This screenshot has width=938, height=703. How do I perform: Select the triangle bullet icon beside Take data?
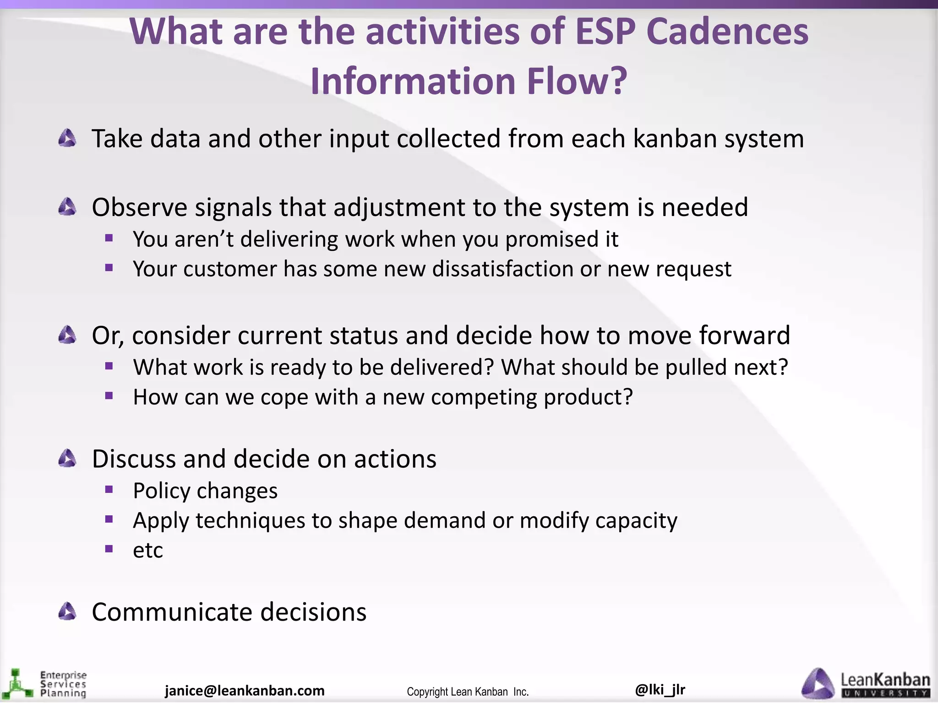(x=67, y=138)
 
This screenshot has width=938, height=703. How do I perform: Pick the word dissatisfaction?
(x=502, y=269)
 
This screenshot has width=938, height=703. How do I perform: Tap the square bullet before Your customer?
(x=109, y=268)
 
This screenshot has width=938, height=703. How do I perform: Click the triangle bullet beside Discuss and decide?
(x=67, y=458)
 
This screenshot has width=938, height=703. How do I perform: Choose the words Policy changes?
(x=205, y=491)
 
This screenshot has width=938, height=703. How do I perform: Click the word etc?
(x=147, y=550)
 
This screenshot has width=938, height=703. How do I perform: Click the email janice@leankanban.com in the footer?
(x=245, y=690)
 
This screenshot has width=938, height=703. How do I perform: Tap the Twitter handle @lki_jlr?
(x=660, y=689)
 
